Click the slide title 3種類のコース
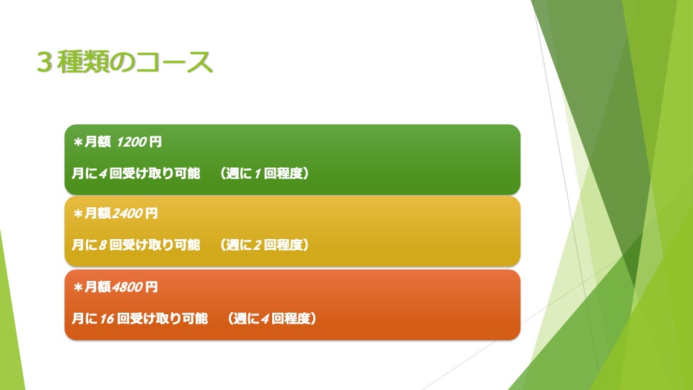pyautogui.click(x=125, y=62)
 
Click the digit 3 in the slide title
pyautogui.click(x=45, y=62)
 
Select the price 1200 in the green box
pyautogui.click(x=131, y=142)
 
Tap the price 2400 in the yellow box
pyautogui.click(x=127, y=214)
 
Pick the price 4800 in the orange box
pyautogui.click(x=127, y=287)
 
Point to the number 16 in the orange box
pyautogui.click(x=107, y=318)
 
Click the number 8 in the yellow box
pyautogui.click(x=103, y=245)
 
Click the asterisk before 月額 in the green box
pyautogui.click(x=78, y=142)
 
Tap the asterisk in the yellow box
pyautogui.click(x=78, y=214)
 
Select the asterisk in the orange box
pyautogui.click(x=78, y=287)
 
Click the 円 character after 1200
pyautogui.click(x=155, y=142)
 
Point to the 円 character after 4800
pyautogui.click(x=151, y=287)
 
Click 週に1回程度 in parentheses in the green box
pyautogui.click(x=264, y=173)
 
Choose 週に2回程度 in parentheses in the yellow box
pyautogui.click(x=264, y=245)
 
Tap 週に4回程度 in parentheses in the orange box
pyautogui.click(x=272, y=318)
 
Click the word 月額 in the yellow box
pyautogui.click(x=97, y=214)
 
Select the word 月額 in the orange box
pyautogui.click(x=97, y=287)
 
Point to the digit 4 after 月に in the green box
pyautogui.click(x=103, y=173)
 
